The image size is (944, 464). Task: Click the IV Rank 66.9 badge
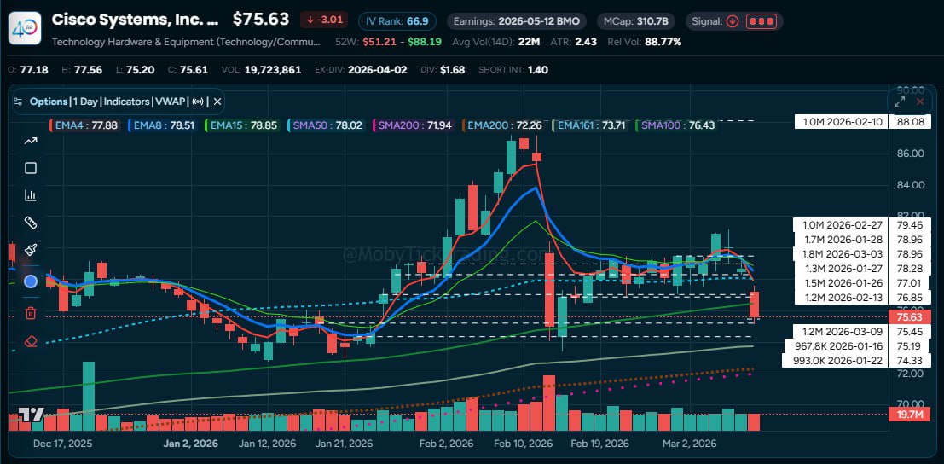pos(397,21)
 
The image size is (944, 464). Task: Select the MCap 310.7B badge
pos(635,21)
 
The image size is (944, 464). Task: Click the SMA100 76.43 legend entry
pos(677,125)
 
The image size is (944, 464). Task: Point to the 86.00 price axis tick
pos(911,154)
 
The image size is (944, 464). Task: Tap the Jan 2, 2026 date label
pos(190,444)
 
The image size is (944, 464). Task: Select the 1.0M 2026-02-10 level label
pos(862,122)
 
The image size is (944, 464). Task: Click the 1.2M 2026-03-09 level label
pos(862,331)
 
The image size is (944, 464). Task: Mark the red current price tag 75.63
pos(911,317)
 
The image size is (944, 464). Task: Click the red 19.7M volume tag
pos(911,415)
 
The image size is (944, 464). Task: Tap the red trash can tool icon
pos(31,313)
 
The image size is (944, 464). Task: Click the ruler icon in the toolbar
pos(31,223)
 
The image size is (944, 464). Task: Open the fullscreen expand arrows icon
pos(900,101)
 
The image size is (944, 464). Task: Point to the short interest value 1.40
pos(539,69)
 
